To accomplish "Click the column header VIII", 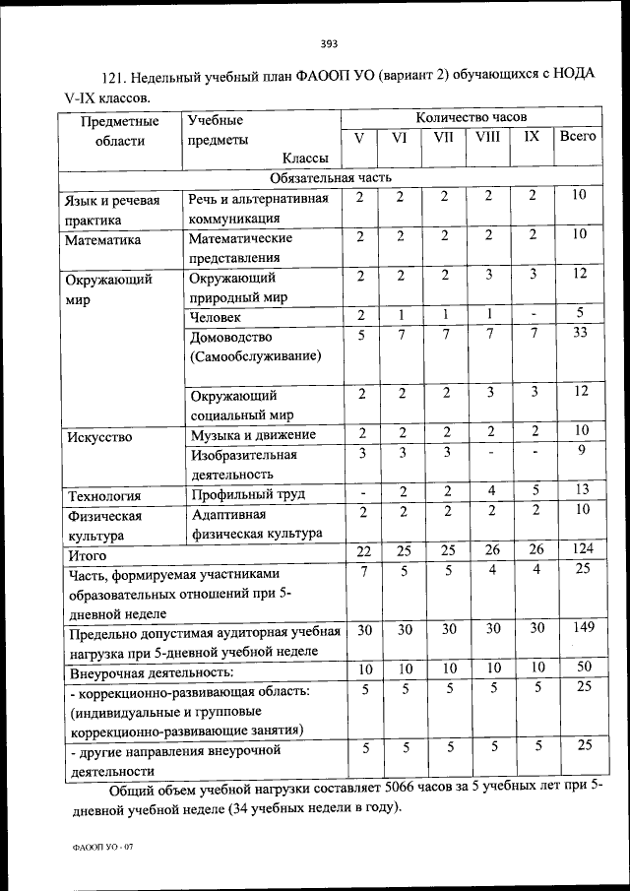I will [487, 138].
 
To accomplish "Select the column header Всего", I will [578, 138].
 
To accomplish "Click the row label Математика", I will [103, 239].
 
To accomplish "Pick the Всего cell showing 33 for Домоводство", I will [580, 335].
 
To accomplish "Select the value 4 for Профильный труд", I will [489, 491].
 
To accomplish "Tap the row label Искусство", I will [98, 435].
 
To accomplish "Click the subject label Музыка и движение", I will [253, 435].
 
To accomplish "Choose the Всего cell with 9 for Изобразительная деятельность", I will [580, 452].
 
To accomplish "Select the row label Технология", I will [103, 495].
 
